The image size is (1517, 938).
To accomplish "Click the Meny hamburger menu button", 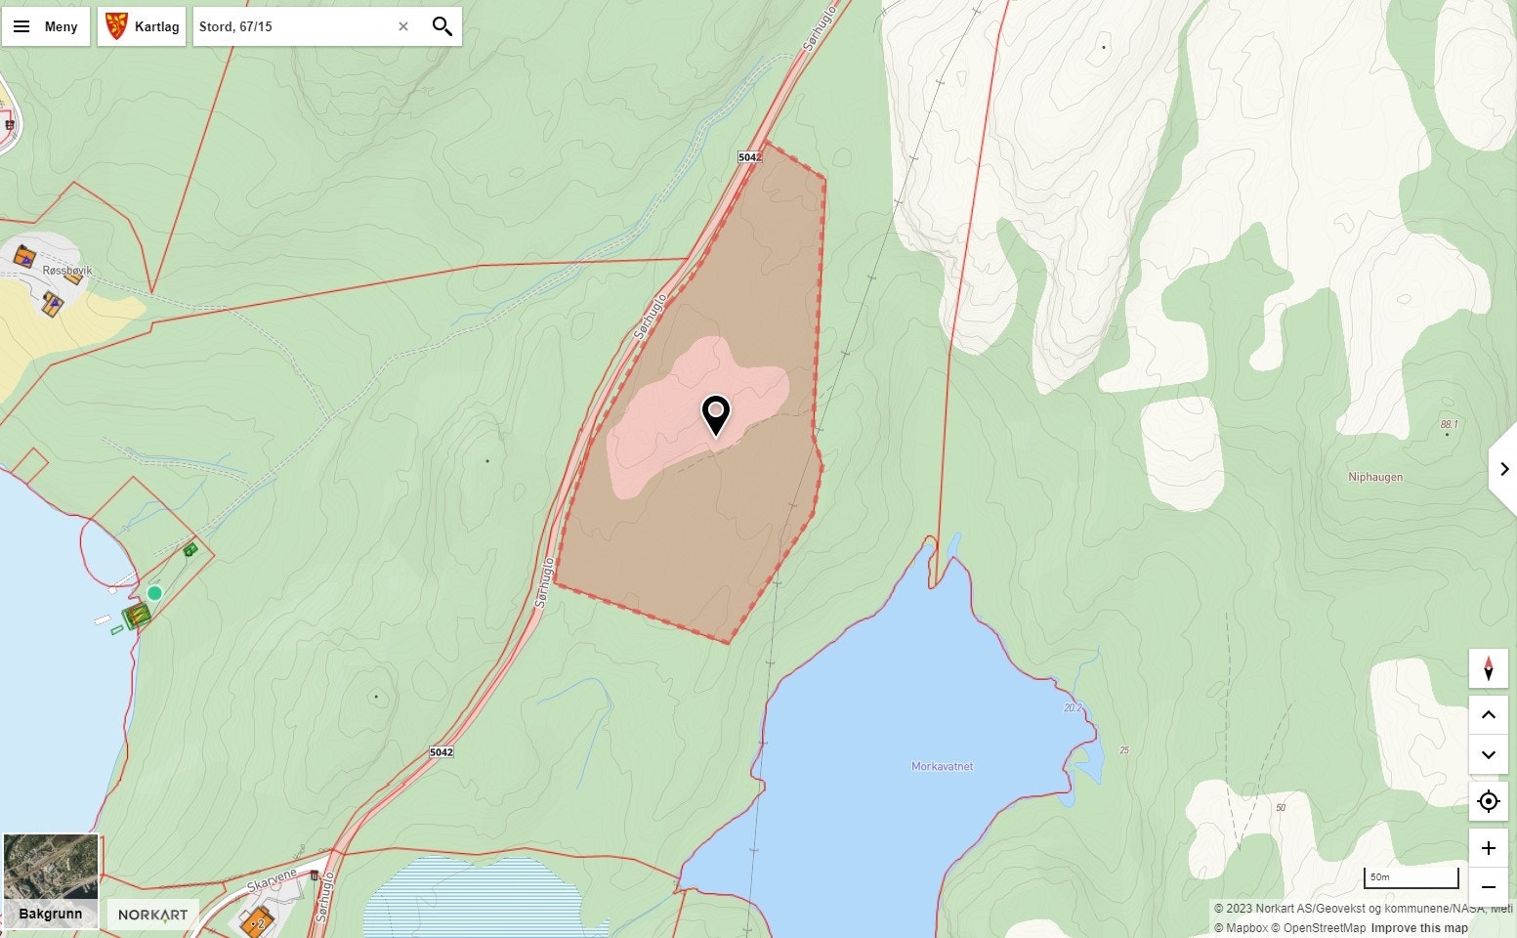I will click(45, 26).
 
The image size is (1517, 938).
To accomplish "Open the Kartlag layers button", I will click(142, 26).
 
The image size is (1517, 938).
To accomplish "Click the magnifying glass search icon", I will click(442, 26).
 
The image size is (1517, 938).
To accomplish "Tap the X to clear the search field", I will click(402, 26).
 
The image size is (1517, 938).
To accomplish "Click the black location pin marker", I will click(716, 414).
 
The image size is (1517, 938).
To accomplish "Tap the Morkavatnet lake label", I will click(942, 766).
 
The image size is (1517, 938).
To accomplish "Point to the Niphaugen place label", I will click(1374, 477).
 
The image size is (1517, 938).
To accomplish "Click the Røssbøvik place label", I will click(67, 271).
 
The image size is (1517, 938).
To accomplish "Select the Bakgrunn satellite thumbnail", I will click(51, 879).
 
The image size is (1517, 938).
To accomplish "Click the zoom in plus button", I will click(1488, 848).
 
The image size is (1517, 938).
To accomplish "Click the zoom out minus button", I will click(1488, 887).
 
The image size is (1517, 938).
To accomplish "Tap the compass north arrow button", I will click(1488, 669).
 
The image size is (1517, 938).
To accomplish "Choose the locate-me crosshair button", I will click(1488, 801).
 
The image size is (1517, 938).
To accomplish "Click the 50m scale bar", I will click(1411, 877).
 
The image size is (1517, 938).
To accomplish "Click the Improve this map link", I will click(1418, 928).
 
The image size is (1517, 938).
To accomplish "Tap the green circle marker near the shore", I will click(154, 593).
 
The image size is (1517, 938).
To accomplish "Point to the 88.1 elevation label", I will click(1449, 424).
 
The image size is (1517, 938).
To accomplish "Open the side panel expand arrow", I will click(1503, 469).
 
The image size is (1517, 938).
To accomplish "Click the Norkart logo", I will click(152, 916).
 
